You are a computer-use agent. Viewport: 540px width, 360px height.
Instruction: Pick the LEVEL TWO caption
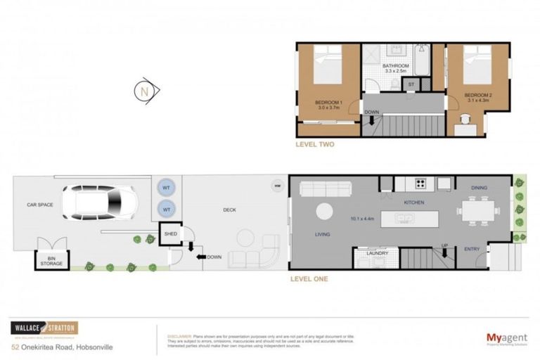314,145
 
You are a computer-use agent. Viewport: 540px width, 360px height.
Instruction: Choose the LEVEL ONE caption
309,278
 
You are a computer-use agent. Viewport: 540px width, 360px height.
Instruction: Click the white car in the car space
99,202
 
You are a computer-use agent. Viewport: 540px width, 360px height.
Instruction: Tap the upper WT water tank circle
167,188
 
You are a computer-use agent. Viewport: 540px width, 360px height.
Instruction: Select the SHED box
170,233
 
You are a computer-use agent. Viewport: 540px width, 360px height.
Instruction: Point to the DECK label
229,210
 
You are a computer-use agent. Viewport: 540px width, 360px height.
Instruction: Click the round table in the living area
325,211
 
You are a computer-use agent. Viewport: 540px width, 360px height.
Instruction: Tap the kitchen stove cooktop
421,184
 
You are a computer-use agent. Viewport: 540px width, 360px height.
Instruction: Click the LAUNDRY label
377,253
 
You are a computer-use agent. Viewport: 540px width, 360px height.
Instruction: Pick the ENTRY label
472,248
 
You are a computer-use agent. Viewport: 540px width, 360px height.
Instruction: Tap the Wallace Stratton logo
44,328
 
